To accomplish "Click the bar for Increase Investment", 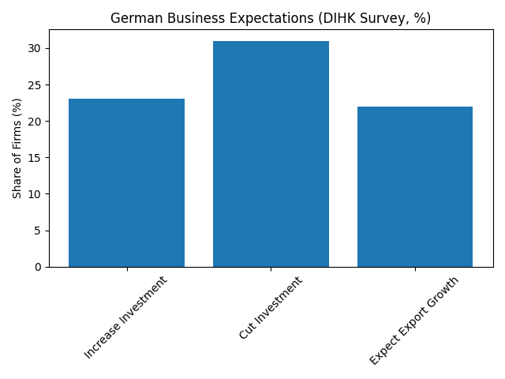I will point(126,182).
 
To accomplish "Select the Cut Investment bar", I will point(271,154).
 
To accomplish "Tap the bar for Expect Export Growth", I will point(415,186).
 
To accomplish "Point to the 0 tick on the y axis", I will point(39,267).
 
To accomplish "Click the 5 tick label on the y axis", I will point(39,231).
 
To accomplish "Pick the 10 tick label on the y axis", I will point(36,194).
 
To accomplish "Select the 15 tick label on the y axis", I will point(36,158).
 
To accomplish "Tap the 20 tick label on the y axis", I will point(36,122).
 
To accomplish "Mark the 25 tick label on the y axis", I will point(36,84).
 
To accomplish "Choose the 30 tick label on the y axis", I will point(36,48).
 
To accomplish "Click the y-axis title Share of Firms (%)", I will point(17,148).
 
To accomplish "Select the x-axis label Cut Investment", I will point(270,308).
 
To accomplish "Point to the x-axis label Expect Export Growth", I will point(414,321).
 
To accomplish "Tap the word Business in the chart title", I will point(184,18).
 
